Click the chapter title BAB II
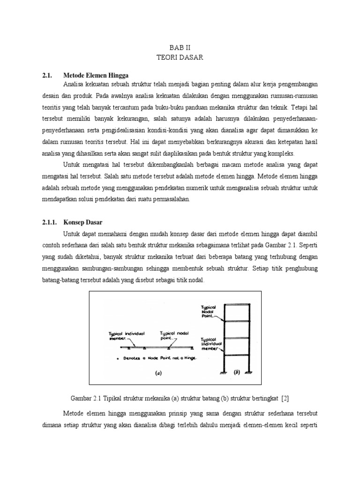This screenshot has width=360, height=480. (x=180, y=47)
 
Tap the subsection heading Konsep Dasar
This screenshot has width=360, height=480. (x=83, y=222)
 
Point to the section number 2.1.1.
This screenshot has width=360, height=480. (x=50, y=222)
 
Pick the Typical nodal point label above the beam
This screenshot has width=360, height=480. (x=174, y=335)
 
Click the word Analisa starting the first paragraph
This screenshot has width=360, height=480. (x=73, y=84)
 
